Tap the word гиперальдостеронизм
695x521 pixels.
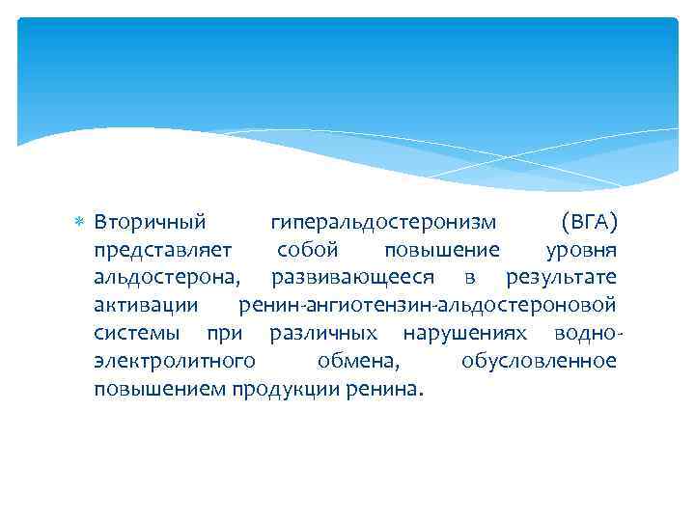tap(383, 223)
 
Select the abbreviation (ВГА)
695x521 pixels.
tap(589, 223)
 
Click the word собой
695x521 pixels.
tap(307, 251)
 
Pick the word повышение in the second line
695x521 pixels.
tap(441, 251)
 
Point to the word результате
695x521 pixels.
tap(561, 279)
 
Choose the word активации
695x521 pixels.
tap(146, 306)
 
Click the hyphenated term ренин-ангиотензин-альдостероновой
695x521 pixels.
tap(427, 306)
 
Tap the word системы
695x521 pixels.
tap(136, 334)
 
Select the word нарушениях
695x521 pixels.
tap(465, 334)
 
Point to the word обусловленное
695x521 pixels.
tap(539, 362)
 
